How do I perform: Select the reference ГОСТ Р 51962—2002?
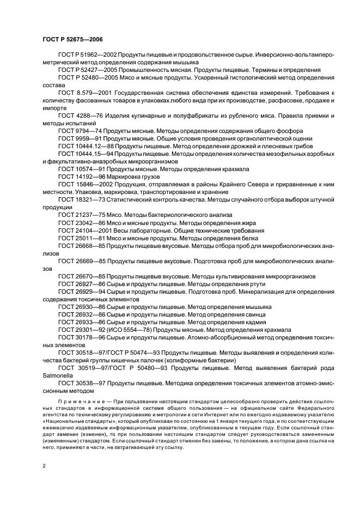[x=86, y=55]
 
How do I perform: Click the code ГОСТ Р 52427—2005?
[x=86, y=70]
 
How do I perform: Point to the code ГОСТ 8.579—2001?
[x=83, y=93]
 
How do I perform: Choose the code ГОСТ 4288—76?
[x=80, y=117]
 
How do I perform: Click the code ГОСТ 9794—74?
[x=80, y=131]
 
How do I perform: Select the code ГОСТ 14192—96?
[x=82, y=177]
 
